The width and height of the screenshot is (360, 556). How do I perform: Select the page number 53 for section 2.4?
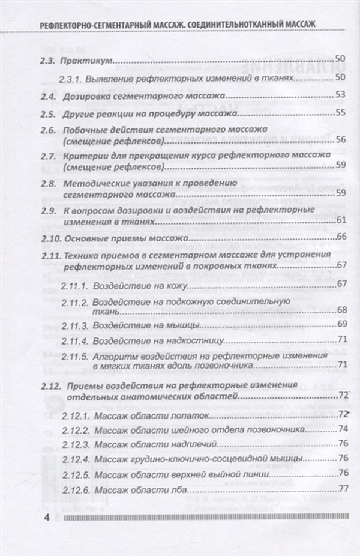pos(341,95)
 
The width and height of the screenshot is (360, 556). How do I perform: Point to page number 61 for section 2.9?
pos(341,222)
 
